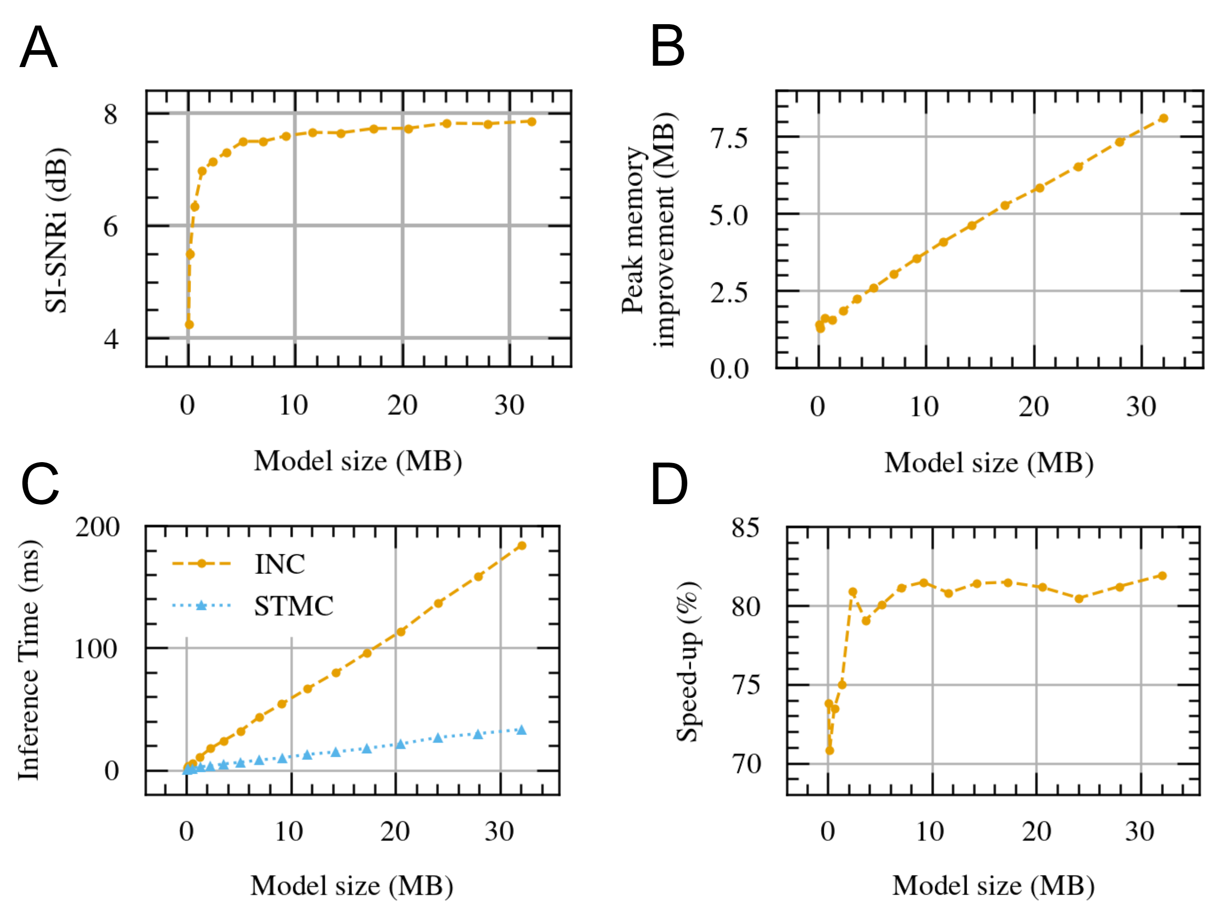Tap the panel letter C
[40, 484]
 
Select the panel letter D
[669, 484]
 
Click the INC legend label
[279, 564]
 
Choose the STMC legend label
[293, 606]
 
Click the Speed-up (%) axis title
[688, 661]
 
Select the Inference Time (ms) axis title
[29, 660]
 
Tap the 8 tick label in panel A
[110, 115]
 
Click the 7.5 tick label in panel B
[729, 138]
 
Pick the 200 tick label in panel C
[98, 527]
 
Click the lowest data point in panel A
[189, 324]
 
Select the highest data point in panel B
[1163, 118]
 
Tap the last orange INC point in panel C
[521, 546]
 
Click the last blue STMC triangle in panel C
[521, 730]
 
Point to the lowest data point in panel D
[829, 750]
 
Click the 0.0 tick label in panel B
[729, 369]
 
